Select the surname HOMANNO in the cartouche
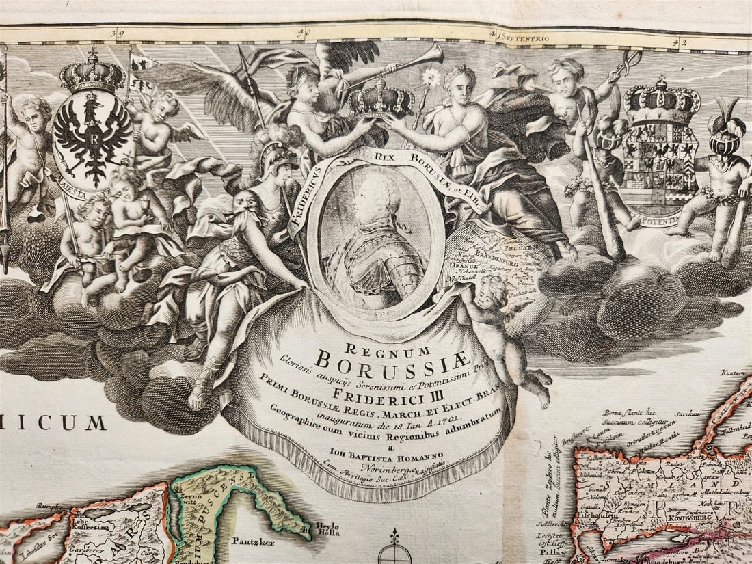click(419, 454)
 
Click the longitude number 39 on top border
click(120, 31)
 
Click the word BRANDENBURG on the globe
click(488, 250)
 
